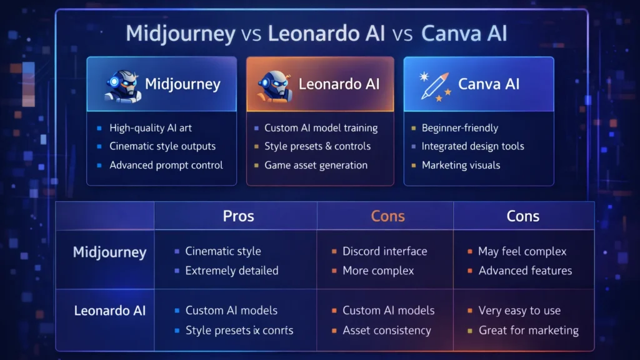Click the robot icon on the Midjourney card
(x=122, y=85)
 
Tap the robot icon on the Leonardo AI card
(x=275, y=85)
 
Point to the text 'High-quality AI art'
(x=151, y=128)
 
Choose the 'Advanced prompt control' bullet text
(x=166, y=166)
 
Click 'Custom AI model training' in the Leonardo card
(x=321, y=128)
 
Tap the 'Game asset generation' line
(x=316, y=166)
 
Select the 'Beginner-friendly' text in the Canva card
(x=460, y=128)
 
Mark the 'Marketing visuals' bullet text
(x=461, y=166)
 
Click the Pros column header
(x=238, y=216)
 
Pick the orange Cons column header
(x=387, y=216)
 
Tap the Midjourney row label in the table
(x=109, y=252)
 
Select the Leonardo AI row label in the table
(x=110, y=310)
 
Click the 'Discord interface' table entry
(x=384, y=251)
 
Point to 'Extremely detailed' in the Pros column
(x=231, y=271)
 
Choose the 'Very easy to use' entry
(x=519, y=311)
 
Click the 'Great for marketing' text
(x=528, y=330)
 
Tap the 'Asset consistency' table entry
(x=386, y=330)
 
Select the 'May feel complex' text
(x=522, y=251)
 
